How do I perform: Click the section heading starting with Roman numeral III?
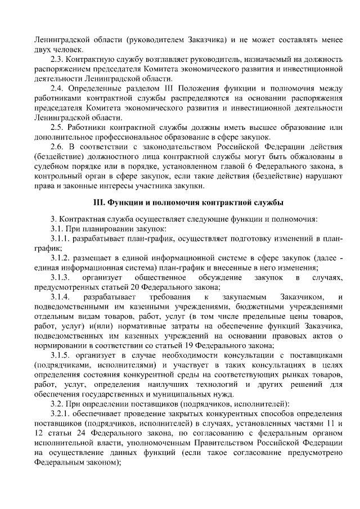click(x=188, y=202)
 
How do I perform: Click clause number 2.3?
click(x=58, y=59)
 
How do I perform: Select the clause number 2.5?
click(x=58, y=127)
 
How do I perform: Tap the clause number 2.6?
click(x=58, y=146)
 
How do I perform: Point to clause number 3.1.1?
click(x=62, y=238)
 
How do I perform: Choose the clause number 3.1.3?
click(x=60, y=277)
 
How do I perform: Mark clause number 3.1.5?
click(x=62, y=355)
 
